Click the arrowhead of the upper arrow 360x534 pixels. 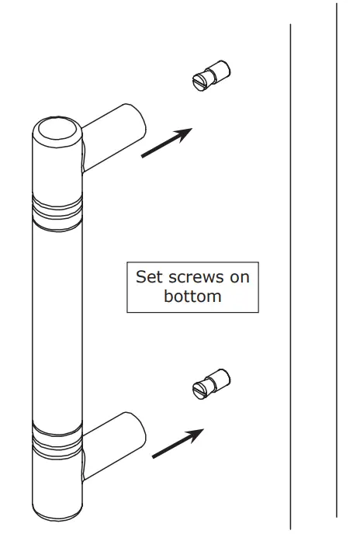pyautogui.click(x=183, y=133)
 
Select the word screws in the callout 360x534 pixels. pyautogui.click(x=196, y=277)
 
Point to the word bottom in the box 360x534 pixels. pyautogui.click(x=193, y=296)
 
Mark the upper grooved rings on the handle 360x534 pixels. pyautogui.click(x=57, y=209)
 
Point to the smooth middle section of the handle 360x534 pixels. pyautogui.click(x=56, y=326)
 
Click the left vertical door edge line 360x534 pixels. pyautogui.click(x=290, y=272)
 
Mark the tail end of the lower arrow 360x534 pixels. pyautogui.click(x=154, y=456)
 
